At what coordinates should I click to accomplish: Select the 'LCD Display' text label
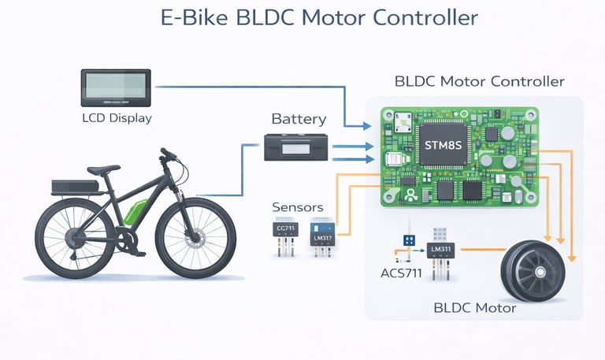pyautogui.click(x=117, y=119)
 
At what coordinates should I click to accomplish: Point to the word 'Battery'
pyautogui.click(x=299, y=120)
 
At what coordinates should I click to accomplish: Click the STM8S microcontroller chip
pyautogui.click(x=444, y=146)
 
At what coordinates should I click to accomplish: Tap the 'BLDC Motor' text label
pyautogui.click(x=475, y=307)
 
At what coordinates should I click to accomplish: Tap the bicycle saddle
pyautogui.click(x=103, y=169)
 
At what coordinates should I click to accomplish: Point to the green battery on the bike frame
pyautogui.click(x=135, y=213)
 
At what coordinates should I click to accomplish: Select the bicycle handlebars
pyautogui.click(x=171, y=155)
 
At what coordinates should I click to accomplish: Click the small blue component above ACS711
pyautogui.click(x=409, y=239)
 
